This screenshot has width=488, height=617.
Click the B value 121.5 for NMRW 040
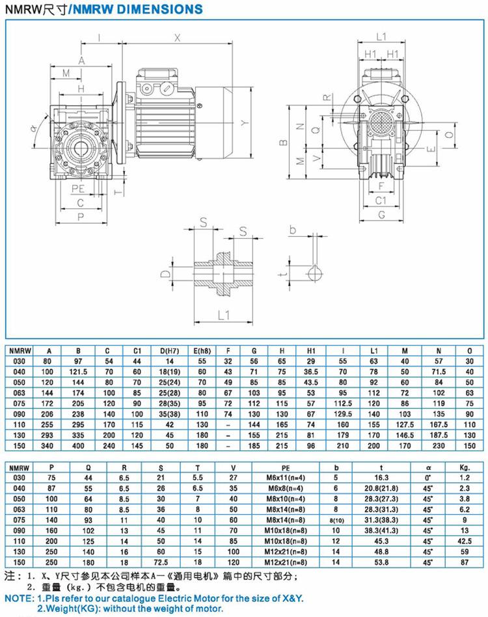point(78,372)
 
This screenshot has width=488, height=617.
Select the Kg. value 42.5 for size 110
point(465,541)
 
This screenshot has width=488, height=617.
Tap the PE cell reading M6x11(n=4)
point(286,478)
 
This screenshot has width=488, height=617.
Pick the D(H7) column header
point(169,351)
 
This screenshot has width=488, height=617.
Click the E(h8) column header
point(202,351)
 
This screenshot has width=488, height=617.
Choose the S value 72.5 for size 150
point(161,562)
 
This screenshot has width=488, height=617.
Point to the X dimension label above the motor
point(178,38)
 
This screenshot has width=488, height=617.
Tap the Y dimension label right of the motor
point(245,123)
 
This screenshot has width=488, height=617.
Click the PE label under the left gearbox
point(78,189)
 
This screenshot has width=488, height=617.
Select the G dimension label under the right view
point(381,215)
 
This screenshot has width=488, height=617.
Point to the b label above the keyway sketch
point(292,229)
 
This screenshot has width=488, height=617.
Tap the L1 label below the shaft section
point(223,315)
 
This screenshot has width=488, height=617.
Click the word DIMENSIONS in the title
point(163,9)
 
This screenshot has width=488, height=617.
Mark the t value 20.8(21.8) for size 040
point(381,488)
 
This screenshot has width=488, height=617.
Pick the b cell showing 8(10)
point(336,520)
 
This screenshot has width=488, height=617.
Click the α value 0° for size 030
point(428,478)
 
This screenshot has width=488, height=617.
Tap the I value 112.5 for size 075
point(343,404)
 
